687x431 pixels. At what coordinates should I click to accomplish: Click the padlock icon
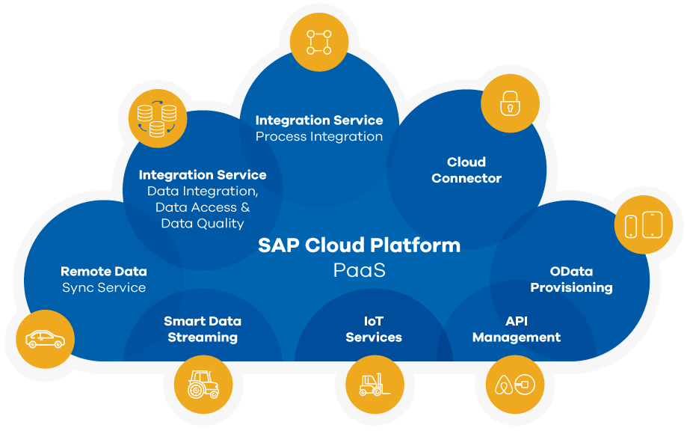click(x=509, y=104)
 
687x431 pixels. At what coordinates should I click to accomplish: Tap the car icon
click(x=45, y=340)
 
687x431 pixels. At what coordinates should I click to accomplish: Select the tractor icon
click(x=203, y=384)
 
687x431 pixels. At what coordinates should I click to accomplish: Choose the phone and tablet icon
click(x=643, y=224)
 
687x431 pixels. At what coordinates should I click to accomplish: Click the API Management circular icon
click(x=515, y=385)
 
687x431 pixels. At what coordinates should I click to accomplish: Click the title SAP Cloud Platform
click(x=359, y=245)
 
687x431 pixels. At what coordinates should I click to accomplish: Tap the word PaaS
click(x=359, y=270)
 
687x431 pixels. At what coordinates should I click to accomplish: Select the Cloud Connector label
click(x=466, y=170)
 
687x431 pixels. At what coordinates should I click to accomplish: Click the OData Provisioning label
click(x=571, y=279)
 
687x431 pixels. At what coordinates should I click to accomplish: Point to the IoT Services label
click(x=374, y=329)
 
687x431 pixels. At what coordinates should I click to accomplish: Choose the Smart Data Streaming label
click(x=203, y=329)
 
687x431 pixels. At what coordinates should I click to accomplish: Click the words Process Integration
click(x=319, y=137)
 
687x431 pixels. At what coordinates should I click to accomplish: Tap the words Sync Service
click(x=104, y=287)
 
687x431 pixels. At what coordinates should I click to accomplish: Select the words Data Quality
click(x=203, y=223)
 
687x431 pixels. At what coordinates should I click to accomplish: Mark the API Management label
click(x=517, y=329)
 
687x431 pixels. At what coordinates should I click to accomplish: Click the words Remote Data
click(x=104, y=272)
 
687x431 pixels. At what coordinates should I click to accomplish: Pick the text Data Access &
click(x=203, y=207)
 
